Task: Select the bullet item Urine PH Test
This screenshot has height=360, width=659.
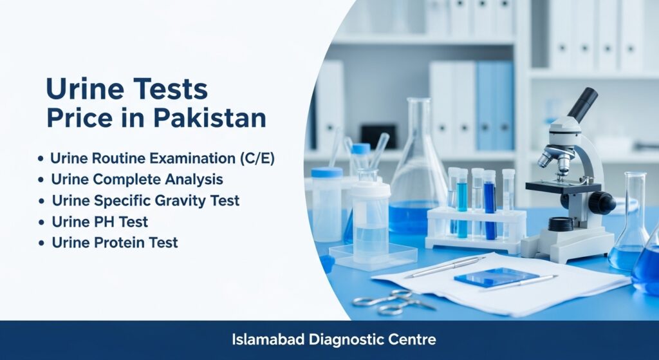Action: pos(100,222)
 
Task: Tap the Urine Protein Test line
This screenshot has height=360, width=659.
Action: pos(115,243)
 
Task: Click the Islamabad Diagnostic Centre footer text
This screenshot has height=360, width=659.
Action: pos(329,339)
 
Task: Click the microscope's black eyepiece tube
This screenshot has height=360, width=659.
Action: pos(582,104)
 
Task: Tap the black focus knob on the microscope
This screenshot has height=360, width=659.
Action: pos(602,203)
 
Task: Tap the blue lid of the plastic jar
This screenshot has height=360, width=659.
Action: pos(328,172)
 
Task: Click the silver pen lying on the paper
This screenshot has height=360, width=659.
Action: pos(444,266)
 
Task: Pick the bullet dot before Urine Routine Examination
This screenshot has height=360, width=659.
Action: pos(41,159)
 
